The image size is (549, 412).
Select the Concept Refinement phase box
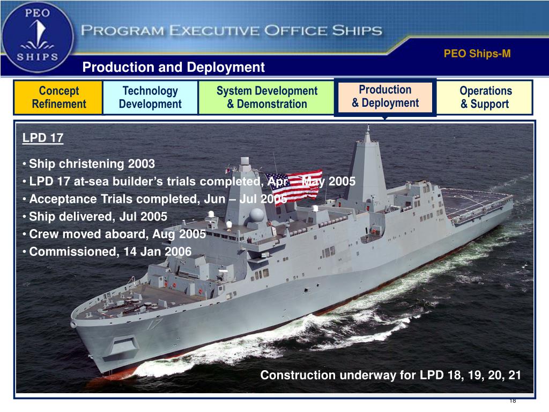[x=58, y=98]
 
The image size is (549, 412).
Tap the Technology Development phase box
[x=150, y=98]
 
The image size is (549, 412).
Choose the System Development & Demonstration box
[x=266, y=98]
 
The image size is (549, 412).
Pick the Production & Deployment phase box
[x=385, y=97]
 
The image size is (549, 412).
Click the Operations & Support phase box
[x=485, y=98]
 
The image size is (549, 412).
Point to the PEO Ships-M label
[x=477, y=54]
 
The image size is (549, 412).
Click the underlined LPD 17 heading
[x=43, y=138]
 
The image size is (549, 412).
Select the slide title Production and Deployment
[x=173, y=67]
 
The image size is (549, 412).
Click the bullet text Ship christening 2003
[x=92, y=164]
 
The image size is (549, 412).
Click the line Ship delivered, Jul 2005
[x=98, y=216]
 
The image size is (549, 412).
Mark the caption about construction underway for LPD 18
[x=390, y=375]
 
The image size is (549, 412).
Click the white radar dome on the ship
[x=257, y=215]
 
